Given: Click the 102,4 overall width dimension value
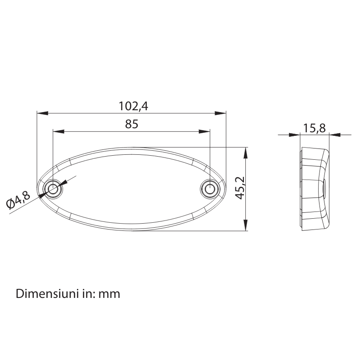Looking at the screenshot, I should click(133, 106).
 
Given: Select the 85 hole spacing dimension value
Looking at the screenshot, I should click(131, 125).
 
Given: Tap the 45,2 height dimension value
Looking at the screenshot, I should click(240, 188).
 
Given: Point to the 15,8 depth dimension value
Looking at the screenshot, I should click(314, 128).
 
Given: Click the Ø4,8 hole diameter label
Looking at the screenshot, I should click(18, 201).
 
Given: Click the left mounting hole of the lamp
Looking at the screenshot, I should click(53, 189).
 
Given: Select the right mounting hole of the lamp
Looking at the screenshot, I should click(210, 189).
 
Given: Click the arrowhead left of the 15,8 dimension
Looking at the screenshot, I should click(295, 134).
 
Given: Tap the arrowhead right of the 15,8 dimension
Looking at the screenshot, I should click(334, 134).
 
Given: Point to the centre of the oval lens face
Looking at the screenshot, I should click(131, 189).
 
